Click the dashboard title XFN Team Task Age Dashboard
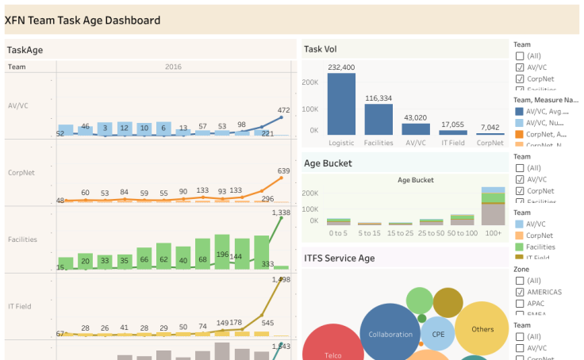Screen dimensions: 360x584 click(x=83, y=21)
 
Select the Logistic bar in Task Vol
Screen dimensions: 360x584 click(x=341, y=103)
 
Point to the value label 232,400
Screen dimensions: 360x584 click(x=341, y=67)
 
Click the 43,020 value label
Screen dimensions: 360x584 click(x=416, y=117)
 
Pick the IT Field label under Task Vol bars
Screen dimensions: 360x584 click(x=453, y=143)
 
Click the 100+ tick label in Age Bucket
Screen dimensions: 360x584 click(x=494, y=233)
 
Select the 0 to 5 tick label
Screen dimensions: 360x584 click(x=338, y=233)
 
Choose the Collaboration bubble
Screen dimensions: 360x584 click(x=390, y=334)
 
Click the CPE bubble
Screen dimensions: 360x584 click(x=438, y=334)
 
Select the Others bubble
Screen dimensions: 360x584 click(x=482, y=329)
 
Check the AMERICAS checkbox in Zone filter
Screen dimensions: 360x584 click(x=520, y=292)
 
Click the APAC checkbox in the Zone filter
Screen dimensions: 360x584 click(x=520, y=303)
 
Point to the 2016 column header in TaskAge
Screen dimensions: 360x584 click(x=173, y=67)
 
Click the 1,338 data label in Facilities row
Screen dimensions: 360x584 click(x=281, y=213)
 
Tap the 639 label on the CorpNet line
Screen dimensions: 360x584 click(x=283, y=170)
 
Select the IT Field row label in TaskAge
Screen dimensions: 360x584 click(x=21, y=306)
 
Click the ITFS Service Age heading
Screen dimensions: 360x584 click(x=340, y=258)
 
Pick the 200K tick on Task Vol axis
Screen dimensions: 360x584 click(x=309, y=82)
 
